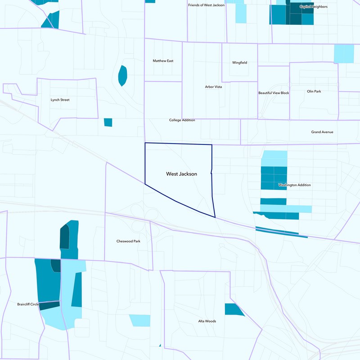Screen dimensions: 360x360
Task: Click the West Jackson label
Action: point(181,174)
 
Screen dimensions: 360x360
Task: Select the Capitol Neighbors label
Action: point(313,7)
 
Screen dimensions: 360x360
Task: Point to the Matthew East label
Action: point(163,61)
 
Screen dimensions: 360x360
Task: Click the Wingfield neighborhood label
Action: point(239,63)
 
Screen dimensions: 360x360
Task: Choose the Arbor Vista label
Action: point(213,86)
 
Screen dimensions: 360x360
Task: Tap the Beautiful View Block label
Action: point(274,93)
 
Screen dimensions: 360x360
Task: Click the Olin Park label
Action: point(314,91)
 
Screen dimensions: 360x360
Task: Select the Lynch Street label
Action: point(60,100)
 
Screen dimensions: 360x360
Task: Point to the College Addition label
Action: point(182,120)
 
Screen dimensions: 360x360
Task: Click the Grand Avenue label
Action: point(322,132)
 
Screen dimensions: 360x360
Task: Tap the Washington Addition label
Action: point(294,185)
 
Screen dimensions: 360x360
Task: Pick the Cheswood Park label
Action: point(128,241)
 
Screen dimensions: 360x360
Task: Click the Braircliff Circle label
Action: point(28,304)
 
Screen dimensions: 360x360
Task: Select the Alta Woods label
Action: point(207,321)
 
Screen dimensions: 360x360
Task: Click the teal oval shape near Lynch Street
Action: point(122,75)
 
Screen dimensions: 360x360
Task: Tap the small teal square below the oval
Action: point(108,122)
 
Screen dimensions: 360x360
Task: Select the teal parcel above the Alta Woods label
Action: point(233,310)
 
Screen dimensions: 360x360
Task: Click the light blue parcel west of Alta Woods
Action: point(140,320)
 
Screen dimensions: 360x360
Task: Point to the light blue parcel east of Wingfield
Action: point(344,54)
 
